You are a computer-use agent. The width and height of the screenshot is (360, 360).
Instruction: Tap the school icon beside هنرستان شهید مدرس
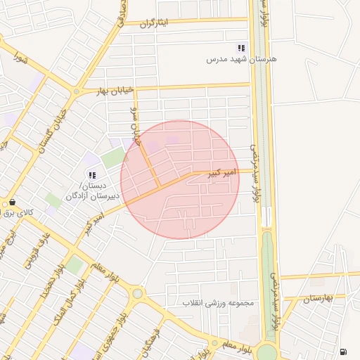241,48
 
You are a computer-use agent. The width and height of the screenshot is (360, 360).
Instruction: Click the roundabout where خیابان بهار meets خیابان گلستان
76,91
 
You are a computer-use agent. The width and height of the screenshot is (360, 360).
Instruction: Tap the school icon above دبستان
91,174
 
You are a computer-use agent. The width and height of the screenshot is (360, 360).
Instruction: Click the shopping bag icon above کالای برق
12,202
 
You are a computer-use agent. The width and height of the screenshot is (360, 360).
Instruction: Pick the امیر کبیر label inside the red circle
218,172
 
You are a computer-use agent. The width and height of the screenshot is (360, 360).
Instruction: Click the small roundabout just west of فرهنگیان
137,293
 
